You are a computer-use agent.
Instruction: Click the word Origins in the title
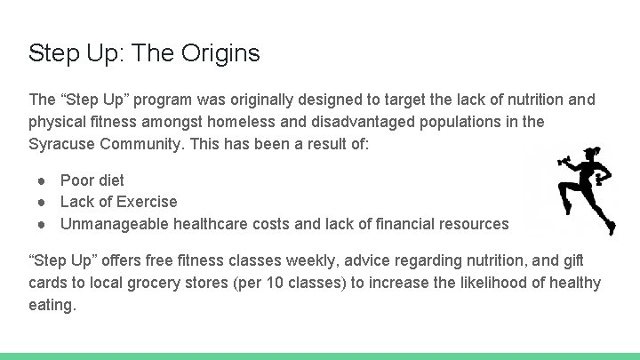[x=220, y=53]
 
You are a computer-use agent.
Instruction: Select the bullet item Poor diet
[x=92, y=180]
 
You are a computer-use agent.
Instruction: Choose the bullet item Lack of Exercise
[x=118, y=202]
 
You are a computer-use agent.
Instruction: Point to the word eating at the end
[x=52, y=305]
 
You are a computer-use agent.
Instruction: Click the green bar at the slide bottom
[x=320, y=356]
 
